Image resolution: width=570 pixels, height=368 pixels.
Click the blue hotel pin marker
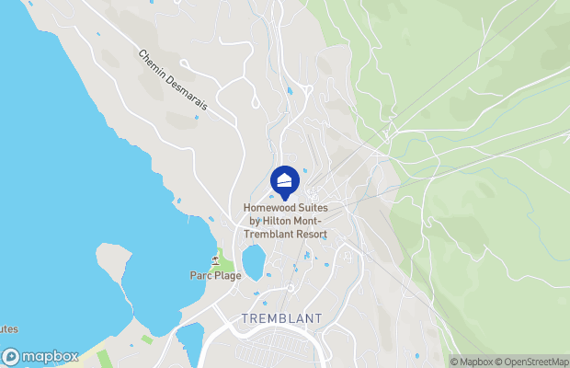(285, 181)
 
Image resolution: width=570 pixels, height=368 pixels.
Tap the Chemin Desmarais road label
(173, 81)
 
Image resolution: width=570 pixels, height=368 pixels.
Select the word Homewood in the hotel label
(271, 208)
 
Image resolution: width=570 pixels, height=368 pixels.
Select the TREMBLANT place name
(281, 318)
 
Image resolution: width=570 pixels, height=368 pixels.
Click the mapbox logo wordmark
(51, 357)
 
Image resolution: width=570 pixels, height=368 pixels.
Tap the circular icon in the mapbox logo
(11, 357)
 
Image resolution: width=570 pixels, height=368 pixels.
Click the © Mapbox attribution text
(473, 362)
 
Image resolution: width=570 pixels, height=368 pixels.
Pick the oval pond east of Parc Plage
(253, 261)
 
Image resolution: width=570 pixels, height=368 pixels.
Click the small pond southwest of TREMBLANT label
(189, 341)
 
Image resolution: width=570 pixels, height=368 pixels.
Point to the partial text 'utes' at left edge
(8, 328)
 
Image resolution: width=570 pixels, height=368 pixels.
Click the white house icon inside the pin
(285, 178)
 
